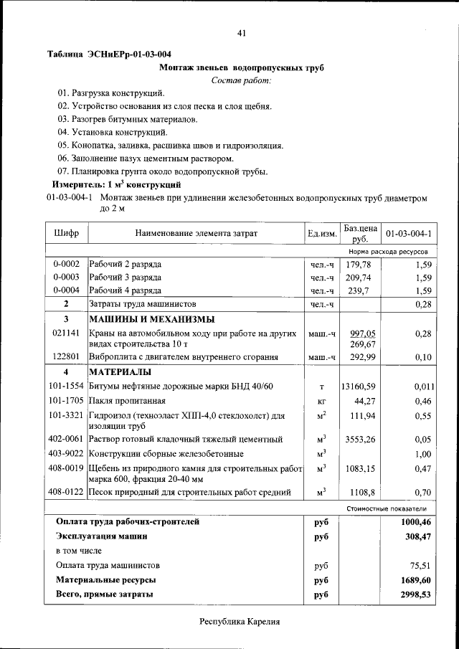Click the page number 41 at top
click(x=241, y=33)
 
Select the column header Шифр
click(x=66, y=233)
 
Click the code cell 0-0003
click(x=66, y=278)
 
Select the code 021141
click(x=66, y=333)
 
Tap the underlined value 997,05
click(x=362, y=333)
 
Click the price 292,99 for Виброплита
click(x=361, y=357)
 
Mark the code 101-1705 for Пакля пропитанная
click(x=66, y=400)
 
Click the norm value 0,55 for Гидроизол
click(x=421, y=415)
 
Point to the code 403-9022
click(x=66, y=453)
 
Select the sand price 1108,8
click(x=361, y=493)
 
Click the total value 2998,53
click(x=415, y=594)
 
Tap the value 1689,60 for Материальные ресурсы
click(x=415, y=579)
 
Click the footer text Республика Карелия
click(x=240, y=622)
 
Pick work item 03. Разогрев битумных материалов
click(x=128, y=119)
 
